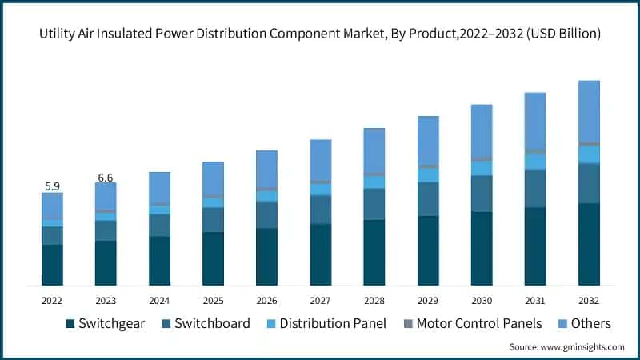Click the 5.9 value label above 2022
(52, 186)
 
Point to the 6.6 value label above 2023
(106, 177)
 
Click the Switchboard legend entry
(210, 323)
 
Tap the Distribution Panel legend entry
(323, 323)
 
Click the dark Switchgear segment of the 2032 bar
(589, 244)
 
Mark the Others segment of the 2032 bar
(589, 111)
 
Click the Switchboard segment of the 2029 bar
(428, 198)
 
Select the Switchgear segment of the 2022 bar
(52, 265)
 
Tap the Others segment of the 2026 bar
(266, 169)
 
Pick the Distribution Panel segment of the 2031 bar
(535, 162)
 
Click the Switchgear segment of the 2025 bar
(213, 258)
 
